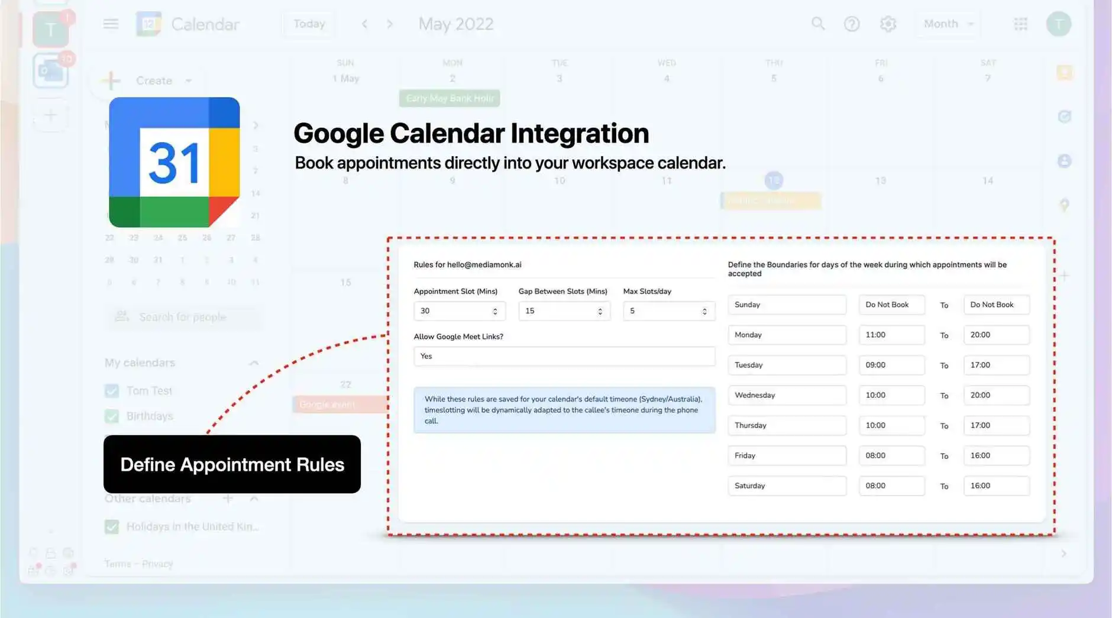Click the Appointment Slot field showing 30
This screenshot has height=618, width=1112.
pos(458,311)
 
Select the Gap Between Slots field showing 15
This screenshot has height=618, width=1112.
pos(563,311)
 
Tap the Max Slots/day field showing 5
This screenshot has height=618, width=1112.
pos(668,311)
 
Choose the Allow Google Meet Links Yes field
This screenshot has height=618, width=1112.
pos(564,356)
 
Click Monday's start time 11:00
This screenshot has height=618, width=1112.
pos(891,335)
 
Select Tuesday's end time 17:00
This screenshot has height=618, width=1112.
pos(995,365)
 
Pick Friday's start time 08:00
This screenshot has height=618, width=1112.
pos(891,455)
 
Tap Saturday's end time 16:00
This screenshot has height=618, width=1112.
pos(995,486)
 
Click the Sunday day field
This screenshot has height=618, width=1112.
pos(786,305)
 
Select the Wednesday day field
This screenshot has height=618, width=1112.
pos(786,395)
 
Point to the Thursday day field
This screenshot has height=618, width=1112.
pos(786,425)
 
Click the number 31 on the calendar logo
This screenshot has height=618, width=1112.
pos(174,163)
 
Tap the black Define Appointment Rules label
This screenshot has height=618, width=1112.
pos(232,464)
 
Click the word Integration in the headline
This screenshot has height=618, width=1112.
pos(580,133)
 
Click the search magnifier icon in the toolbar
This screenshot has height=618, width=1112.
pos(817,24)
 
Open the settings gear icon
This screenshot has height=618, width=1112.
pos(888,24)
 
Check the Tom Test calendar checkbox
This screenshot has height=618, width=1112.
pos(112,391)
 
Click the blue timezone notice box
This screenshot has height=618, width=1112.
pos(564,410)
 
